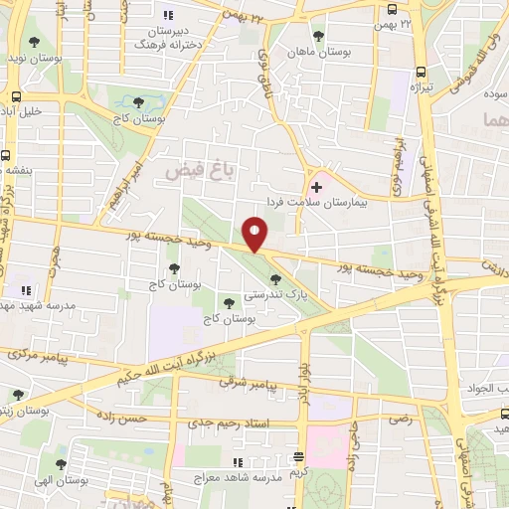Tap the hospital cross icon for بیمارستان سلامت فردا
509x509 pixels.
click(317, 186)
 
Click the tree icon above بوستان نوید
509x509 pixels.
click(36, 42)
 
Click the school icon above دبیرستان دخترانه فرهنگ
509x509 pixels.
click(167, 14)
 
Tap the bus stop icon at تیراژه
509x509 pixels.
click(421, 72)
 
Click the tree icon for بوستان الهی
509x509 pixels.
click(60, 464)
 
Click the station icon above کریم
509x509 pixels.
click(299, 458)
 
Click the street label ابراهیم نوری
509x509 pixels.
click(402, 159)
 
